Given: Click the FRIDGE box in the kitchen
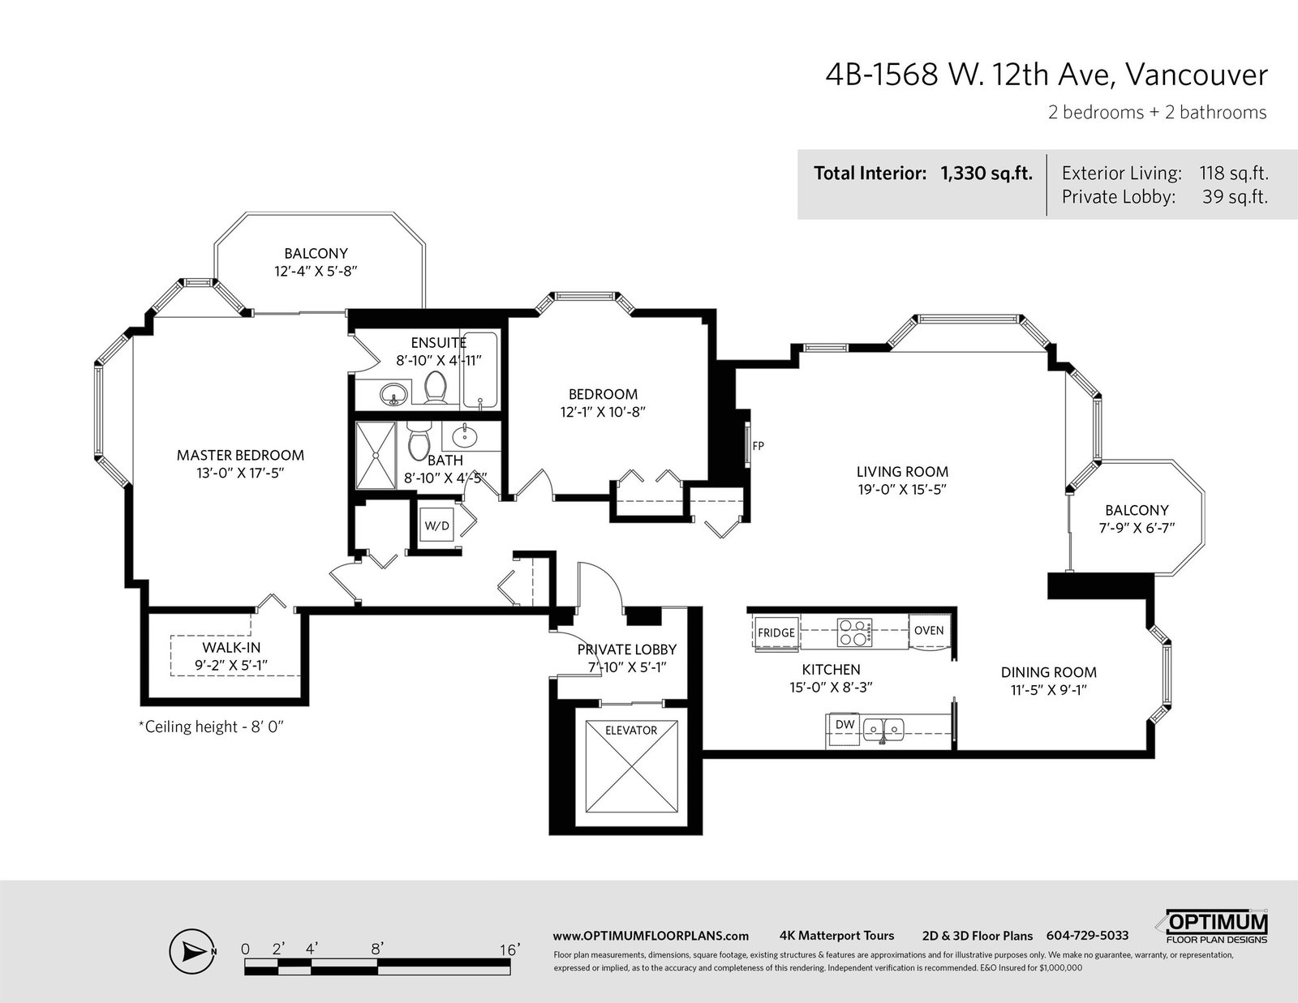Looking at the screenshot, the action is pyautogui.click(x=776, y=632).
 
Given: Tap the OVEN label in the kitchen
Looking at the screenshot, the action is pyautogui.click(x=929, y=631).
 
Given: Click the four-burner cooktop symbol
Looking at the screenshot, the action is pyautogui.click(x=854, y=632).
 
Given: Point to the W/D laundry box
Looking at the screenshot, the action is pyautogui.click(x=436, y=525).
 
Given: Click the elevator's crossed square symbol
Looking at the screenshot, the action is pyautogui.click(x=631, y=766).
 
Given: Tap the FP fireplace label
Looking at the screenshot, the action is pyautogui.click(x=758, y=445).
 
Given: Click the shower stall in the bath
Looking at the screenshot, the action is pyautogui.click(x=376, y=456).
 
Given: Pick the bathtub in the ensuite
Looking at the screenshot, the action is pyautogui.click(x=479, y=371).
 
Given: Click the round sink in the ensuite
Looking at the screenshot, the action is pyautogui.click(x=393, y=394).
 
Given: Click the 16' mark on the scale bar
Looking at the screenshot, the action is pyautogui.click(x=509, y=949).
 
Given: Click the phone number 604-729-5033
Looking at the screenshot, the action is pyautogui.click(x=1087, y=936).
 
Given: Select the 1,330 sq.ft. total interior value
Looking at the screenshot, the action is pyautogui.click(x=986, y=174).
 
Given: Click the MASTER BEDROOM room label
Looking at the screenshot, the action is pyautogui.click(x=240, y=456).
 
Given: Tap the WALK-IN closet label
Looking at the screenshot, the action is pyautogui.click(x=231, y=647).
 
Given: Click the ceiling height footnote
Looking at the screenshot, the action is pyautogui.click(x=211, y=727).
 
